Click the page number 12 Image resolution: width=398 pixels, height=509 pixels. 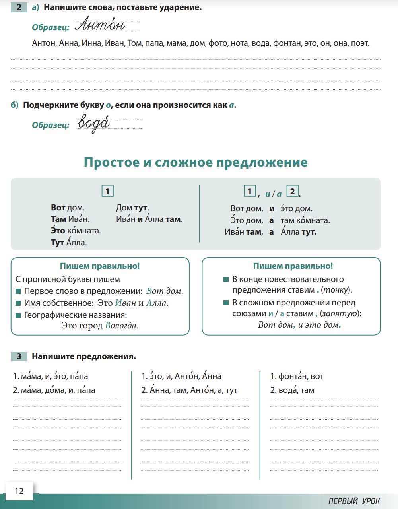19,491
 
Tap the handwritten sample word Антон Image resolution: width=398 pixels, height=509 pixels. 100,25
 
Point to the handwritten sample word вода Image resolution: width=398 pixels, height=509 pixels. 94,123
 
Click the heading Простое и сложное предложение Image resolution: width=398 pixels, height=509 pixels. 196,162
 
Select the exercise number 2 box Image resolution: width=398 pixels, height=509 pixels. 19,7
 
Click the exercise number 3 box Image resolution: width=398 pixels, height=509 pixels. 19,356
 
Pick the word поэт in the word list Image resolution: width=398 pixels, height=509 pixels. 360,43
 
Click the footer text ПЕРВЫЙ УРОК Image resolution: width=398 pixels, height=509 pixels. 354,501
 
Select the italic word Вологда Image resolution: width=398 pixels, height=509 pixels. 121,326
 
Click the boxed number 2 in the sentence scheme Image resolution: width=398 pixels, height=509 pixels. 292,192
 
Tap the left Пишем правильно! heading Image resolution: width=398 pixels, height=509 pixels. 100,266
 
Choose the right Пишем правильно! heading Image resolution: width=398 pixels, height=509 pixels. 293,266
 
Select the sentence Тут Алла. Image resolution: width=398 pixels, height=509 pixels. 69,243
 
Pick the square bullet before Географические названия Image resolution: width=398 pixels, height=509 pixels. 18,315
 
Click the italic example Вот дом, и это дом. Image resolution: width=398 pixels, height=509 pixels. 299,325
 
